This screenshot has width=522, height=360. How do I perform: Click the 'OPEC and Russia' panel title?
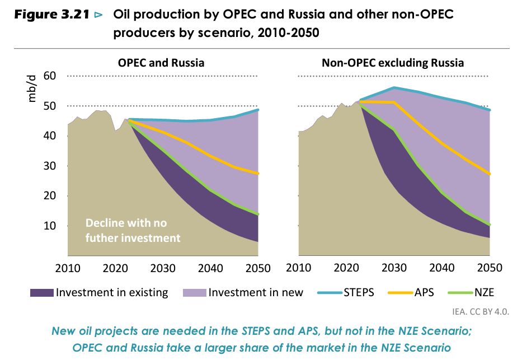(161, 63)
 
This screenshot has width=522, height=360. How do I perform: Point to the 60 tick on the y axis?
(50, 76)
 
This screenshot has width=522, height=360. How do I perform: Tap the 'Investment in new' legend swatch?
(194, 292)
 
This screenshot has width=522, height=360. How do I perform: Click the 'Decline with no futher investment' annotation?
(133, 230)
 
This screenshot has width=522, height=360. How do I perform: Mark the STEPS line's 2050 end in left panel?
(258, 110)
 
